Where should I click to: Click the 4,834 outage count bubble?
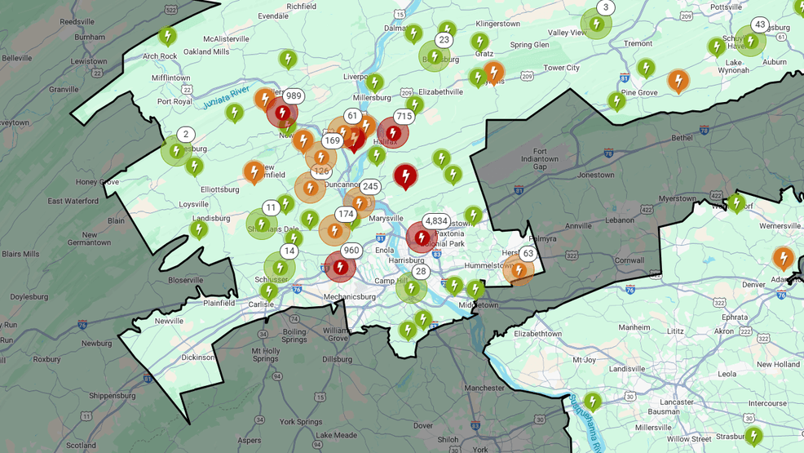coord(436,221)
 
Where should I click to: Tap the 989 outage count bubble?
coord(294,96)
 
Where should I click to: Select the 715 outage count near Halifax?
coord(404,117)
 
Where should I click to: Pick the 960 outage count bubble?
coord(351,251)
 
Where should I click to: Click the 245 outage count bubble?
coord(370,187)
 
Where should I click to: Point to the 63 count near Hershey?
coord(528,254)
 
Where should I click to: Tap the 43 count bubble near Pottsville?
coord(760,25)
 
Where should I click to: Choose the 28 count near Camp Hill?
coord(421,272)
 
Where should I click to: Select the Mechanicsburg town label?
coord(349,297)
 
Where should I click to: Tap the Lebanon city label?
coord(620,220)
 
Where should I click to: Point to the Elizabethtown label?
coord(537,334)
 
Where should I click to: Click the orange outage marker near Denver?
coord(783,258)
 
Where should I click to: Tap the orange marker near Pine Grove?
coord(678,80)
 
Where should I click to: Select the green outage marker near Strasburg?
coord(753,435)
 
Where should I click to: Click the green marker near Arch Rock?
coord(168,36)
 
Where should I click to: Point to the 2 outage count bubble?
coord(186,135)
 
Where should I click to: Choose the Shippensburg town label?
coord(113,396)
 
